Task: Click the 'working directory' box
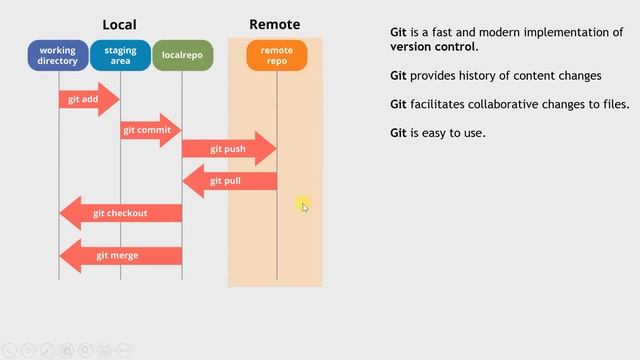[58, 56]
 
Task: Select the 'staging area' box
[120, 56]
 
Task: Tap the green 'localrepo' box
[182, 56]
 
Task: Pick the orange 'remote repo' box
[277, 56]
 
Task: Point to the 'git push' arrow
[228, 149]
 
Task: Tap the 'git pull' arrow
[228, 181]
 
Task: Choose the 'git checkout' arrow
[120, 213]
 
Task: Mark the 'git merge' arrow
[120, 255]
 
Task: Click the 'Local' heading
[119, 24]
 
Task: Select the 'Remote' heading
[274, 24]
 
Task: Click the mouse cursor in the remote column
[304, 205]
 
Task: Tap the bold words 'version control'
[434, 47]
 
